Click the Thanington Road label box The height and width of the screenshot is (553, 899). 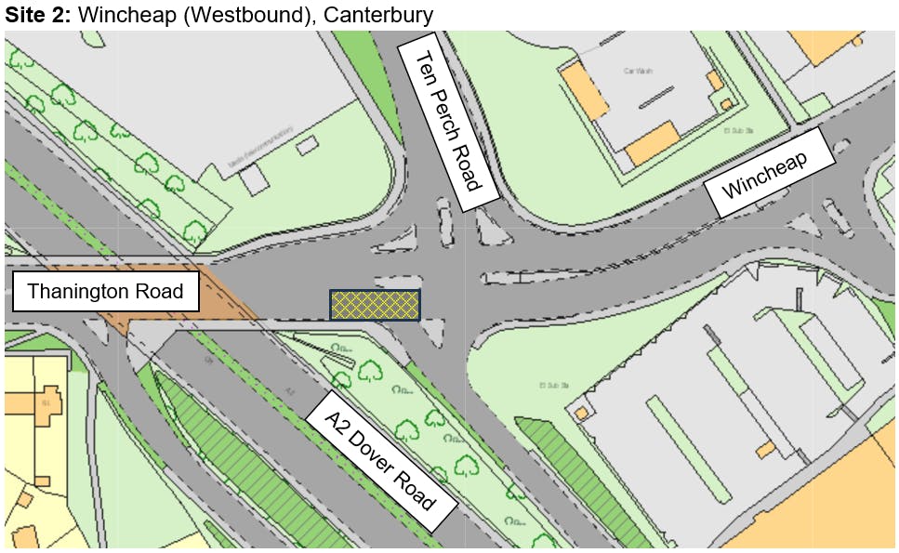(105, 292)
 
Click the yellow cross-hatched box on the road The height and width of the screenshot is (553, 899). (374, 305)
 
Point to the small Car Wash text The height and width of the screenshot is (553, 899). (637, 71)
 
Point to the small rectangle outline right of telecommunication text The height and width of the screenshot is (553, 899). (307, 145)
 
